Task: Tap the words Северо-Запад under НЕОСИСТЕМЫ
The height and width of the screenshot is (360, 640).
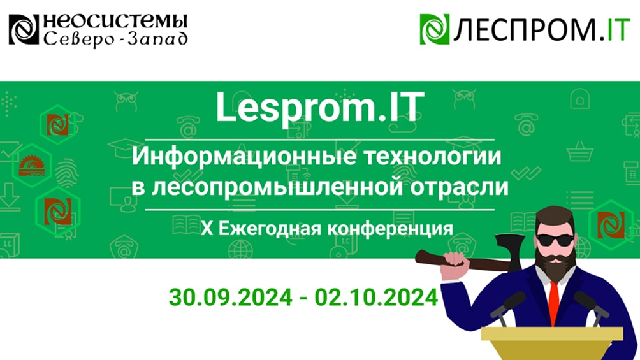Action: (x=115, y=39)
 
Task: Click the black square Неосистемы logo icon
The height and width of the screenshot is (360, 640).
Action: (x=24, y=30)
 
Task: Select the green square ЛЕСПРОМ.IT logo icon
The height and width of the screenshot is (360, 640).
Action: (x=435, y=29)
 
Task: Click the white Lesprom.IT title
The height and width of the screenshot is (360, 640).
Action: (x=319, y=108)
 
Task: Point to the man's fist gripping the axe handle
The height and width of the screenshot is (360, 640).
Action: (x=453, y=261)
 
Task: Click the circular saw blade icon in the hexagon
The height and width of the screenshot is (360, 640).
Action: (x=30, y=165)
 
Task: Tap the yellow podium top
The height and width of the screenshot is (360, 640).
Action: (x=552, y=334)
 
